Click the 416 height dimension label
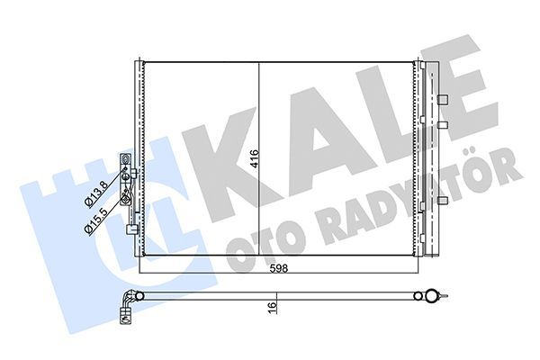tap(256, 160)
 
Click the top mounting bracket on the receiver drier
tap(443, 97)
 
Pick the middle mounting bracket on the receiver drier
tap(443, 123)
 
